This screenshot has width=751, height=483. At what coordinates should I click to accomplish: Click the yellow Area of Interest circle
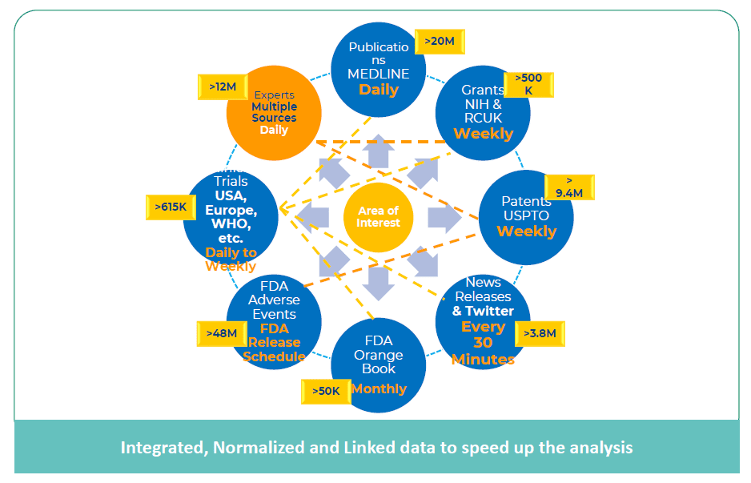(378, 216)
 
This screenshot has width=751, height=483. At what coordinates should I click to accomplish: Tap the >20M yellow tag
(440, 41)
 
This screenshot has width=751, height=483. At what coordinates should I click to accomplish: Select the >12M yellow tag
(222, 87)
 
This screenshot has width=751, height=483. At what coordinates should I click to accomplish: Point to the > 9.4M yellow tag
(569, 187)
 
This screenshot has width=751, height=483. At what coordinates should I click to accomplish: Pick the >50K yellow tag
(326, 391)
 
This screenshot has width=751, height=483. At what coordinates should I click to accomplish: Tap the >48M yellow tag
(221, 333)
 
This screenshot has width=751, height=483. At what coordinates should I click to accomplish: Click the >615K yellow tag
(171, 207)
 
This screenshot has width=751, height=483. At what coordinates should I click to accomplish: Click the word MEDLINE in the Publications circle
(378, 74)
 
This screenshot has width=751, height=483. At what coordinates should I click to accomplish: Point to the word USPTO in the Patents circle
(527, 215)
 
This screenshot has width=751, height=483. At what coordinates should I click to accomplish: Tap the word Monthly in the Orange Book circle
(379, 388)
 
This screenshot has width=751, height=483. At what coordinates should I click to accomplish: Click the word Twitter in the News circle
(489, 311)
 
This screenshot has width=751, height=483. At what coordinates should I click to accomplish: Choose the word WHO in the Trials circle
(230, 224)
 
